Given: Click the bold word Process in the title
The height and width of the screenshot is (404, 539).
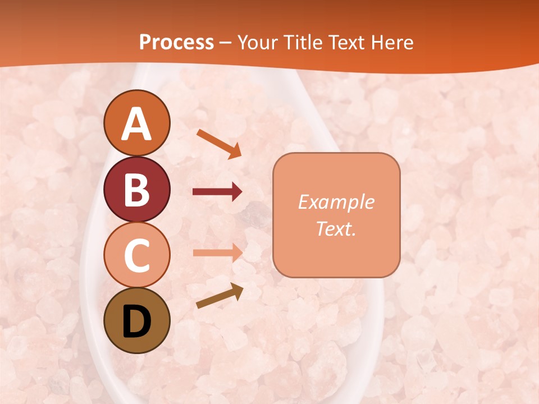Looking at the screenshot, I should [x=176, y=43].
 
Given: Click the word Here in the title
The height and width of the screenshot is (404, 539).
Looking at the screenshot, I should [x=395, y=43].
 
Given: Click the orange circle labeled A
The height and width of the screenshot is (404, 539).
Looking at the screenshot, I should [x=136, y=123].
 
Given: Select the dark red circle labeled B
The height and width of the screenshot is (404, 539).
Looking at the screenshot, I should [x=136, y=189].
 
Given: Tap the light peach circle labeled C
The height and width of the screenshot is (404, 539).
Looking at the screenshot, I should [x=136, y=255].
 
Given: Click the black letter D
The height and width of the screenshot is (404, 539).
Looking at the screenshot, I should [x=136, y=322].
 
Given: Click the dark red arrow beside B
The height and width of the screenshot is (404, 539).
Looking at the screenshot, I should [x=217, y=192].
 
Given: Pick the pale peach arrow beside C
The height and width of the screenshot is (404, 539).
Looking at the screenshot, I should [x=217, y=252].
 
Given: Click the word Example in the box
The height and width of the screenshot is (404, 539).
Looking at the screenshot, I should [x=336, y=202].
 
